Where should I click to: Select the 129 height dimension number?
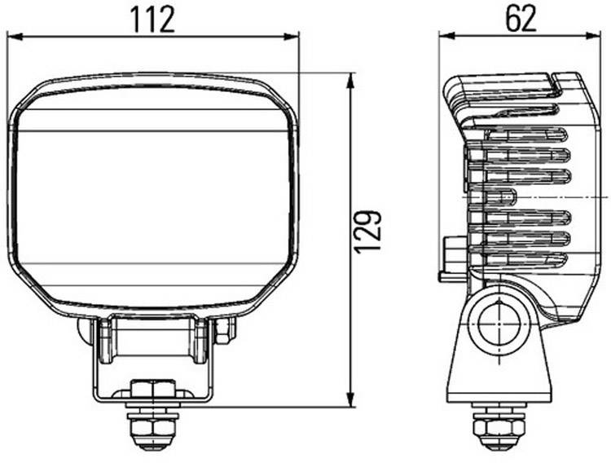[369, 231]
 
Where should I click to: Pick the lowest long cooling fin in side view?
[521, 259]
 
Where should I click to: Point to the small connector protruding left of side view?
[451, 257]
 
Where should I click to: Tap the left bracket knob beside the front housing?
[84, 330]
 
